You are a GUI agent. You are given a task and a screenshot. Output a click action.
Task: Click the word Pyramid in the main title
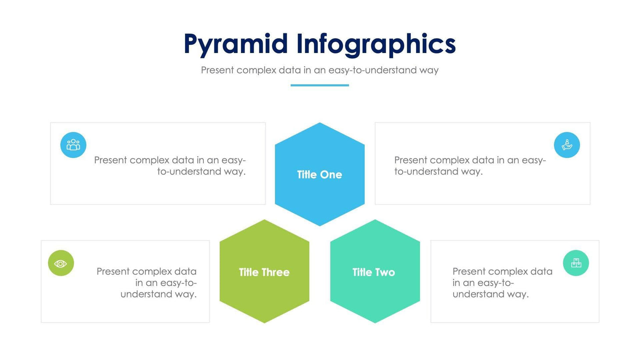(x=235, y=45)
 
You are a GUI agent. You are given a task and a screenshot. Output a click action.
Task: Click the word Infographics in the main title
(x=376, y=45)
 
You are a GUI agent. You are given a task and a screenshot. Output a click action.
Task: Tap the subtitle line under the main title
(x=320, y=70)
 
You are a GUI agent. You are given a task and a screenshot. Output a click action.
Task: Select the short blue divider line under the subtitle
(x=320, y=85)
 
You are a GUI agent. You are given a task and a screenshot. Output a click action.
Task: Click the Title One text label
(x=320, y=175)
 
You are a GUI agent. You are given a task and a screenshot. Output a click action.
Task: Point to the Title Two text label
(x=373, y=272)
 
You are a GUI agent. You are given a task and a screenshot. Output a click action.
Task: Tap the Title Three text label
(x=264, y=272)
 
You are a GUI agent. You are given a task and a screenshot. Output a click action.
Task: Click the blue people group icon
(x=73, y=145)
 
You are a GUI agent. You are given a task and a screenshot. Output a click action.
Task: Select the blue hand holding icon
(x=567, y=145)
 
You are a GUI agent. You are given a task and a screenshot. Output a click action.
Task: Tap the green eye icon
(x=61, y=263)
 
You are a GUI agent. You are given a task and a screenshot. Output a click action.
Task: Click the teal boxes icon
(x=576, y=263)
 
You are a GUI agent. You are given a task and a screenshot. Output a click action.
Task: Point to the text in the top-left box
(x=170, y=166)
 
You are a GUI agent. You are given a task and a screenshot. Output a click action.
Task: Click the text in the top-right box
(x=470, y=166)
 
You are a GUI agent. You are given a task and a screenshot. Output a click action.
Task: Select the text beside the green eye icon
(x=147, y=283)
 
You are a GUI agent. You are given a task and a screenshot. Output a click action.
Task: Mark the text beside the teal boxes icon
(x=502, y=283)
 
